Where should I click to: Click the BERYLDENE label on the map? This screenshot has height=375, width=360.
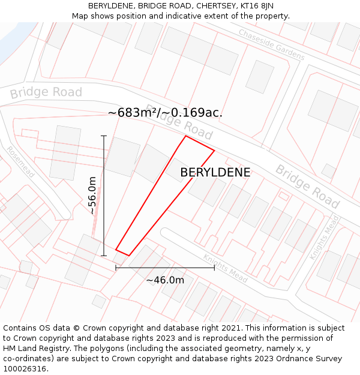point(215,173)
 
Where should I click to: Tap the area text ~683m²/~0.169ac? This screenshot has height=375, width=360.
point(165,112)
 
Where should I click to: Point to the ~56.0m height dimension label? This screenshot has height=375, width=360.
point(92,196)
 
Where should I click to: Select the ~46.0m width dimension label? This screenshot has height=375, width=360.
point(165,280)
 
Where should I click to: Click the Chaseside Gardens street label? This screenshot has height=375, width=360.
point(271,45)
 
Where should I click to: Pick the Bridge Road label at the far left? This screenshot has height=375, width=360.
point(46,92)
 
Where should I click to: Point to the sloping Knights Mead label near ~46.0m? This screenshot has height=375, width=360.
point(225,269)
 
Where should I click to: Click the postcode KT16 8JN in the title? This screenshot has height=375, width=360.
point(256,6)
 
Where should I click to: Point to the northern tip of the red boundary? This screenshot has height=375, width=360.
point(185,136)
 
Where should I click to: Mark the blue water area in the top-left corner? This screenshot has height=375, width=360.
point(11,41)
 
